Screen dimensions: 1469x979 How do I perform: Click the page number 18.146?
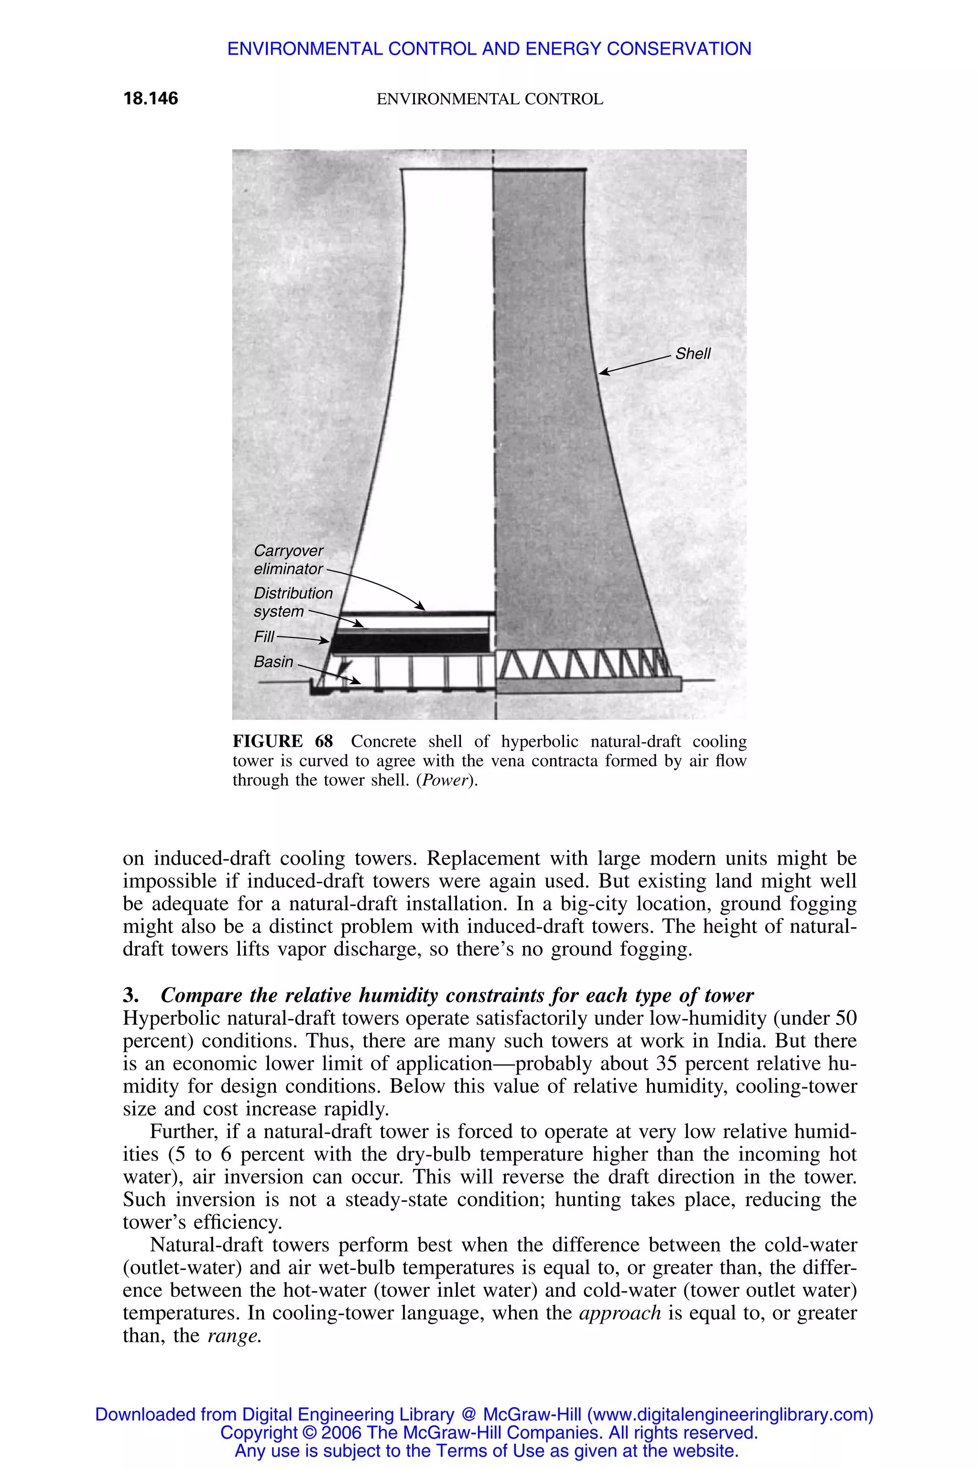point(151,98)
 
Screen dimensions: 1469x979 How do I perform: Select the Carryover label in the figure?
point(288,550)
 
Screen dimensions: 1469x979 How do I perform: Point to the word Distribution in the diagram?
point(293,593)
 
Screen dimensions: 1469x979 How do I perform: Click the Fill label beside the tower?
point(263,636)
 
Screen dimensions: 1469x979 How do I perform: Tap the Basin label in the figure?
point(273,661)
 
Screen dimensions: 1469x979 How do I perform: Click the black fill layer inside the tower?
point(409,643)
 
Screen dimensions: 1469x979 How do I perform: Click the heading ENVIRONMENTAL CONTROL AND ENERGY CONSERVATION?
point(489,49)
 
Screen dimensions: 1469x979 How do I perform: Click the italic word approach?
point(620,1313)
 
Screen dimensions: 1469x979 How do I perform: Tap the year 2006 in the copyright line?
point(341,1432)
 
